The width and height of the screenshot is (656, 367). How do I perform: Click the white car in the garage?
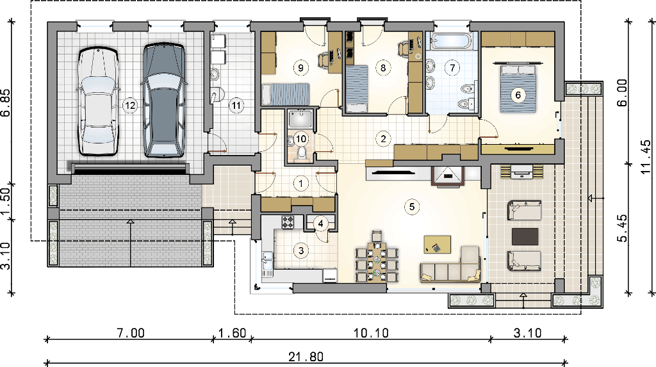(98, 102)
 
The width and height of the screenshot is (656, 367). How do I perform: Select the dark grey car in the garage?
(164, 101)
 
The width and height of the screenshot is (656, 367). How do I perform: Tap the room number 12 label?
(130, 106)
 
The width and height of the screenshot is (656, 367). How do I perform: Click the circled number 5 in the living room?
(412, 207)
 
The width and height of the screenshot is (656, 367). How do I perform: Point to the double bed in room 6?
(518, 88)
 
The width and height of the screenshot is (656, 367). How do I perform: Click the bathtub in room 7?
(452, 41)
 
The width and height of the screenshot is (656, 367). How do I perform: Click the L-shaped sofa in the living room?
(451, 266)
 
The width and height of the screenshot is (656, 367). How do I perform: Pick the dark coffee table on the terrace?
(525, 236)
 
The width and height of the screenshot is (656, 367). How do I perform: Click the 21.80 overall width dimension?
(306, 357)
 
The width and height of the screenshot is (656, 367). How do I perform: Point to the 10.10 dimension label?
(371, 333)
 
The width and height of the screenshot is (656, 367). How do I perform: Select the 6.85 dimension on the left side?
(6, 103)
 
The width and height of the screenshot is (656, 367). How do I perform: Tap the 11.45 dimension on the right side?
(646, 157)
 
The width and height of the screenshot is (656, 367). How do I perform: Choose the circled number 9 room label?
(301, 67)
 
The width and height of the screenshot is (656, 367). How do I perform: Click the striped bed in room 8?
(356, 88)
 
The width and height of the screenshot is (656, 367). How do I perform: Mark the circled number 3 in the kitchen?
(301, 250)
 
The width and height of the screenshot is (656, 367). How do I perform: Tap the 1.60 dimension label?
(232, 333)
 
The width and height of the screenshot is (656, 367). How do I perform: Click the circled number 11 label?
(236, 106)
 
